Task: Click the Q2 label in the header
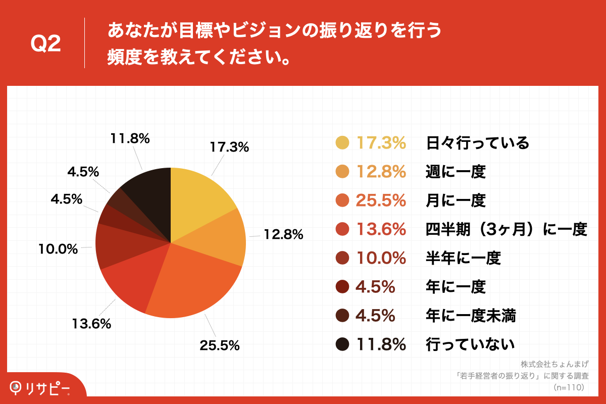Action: point(45,44)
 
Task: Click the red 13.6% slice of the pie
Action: point(131,283)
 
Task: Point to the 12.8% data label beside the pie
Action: point(283,234)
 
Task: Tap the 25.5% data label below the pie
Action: point(219,345)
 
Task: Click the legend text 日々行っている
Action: point(477,143)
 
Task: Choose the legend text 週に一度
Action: point(456,172)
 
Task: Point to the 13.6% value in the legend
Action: point(381,230)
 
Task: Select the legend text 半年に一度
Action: point(463,259)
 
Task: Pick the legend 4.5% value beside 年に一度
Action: point(375,287)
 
